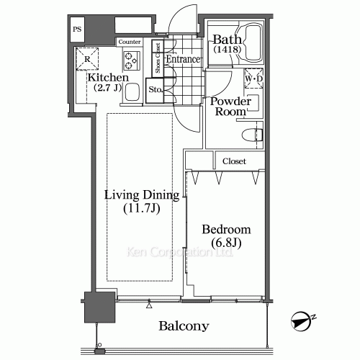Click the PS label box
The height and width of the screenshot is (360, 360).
pos(77,30)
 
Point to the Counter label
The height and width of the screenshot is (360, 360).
pos(130,42)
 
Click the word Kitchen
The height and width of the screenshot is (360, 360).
pos(109,77)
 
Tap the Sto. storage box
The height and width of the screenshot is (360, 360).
pos(155,90)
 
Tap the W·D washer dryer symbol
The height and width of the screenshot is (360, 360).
pos(253,78)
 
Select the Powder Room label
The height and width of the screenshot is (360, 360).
pos(230,107)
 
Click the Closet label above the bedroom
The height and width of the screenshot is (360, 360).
pos(235,161)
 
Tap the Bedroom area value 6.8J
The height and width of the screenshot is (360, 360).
pos(226,243)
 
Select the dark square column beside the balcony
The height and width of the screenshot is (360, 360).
pos(96,308)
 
